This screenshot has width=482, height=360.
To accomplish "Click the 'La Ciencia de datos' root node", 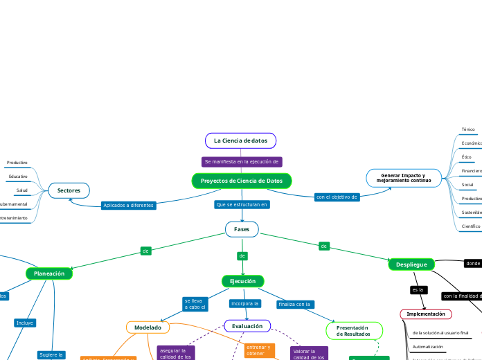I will tap(240, 141).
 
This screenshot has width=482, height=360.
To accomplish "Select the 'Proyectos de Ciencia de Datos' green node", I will tap(242, 181).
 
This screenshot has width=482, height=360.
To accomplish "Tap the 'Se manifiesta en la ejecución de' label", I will tap(242, 161).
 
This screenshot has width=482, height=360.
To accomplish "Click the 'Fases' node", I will tap(242, 228).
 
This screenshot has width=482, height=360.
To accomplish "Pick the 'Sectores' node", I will tap(69, 190).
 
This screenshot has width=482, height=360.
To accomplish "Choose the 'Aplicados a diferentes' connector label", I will tap(128, 205).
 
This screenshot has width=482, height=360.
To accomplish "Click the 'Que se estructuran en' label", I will tap(242, 205).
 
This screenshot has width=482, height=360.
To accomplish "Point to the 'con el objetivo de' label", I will tap(337, 197).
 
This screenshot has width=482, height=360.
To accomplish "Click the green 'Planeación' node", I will tap(49, 273).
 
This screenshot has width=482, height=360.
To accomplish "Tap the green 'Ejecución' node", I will tap(242, 281).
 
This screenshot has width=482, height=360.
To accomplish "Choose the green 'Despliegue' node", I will tap(411, 264).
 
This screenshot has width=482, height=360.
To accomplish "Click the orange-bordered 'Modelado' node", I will tap(148, 327).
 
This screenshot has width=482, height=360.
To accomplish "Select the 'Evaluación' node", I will tap(247, 326).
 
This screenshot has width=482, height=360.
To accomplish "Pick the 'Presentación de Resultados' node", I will tap(354, 331).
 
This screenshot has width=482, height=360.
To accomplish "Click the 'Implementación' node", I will tap(425, 314).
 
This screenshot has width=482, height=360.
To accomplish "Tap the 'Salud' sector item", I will tap(22, 190).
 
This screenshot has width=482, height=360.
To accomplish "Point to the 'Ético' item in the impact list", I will tap(467, 157).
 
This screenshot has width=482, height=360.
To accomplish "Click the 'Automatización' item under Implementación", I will tap(427, 346).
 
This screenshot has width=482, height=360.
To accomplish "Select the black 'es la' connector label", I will tap(418, 289).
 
